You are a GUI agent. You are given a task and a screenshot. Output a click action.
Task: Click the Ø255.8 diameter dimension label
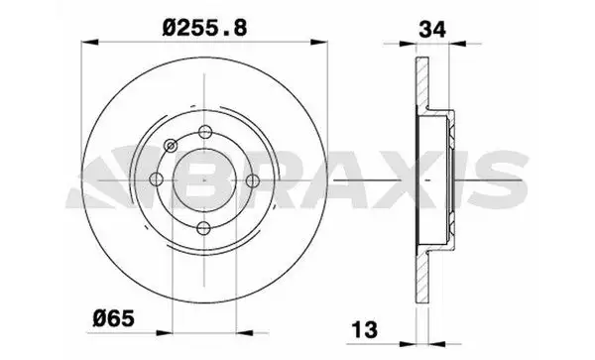coord(204,28)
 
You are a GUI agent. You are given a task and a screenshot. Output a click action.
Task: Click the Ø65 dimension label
coord(114,318)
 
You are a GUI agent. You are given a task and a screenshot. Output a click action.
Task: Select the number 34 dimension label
coord(432,29)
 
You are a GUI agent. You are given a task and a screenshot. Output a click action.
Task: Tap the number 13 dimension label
coord(365,329)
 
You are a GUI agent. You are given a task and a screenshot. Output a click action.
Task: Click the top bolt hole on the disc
coord(205,132)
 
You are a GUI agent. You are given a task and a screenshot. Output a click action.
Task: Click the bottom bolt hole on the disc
coord(204,228)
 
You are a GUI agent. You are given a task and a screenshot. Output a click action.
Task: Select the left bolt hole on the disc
coord(157,180)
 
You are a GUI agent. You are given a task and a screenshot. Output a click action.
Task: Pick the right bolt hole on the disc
coord(252,180)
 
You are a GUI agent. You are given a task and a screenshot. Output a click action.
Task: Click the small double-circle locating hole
coord(172,146)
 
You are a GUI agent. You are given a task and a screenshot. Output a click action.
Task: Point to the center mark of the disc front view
coord(204,180)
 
